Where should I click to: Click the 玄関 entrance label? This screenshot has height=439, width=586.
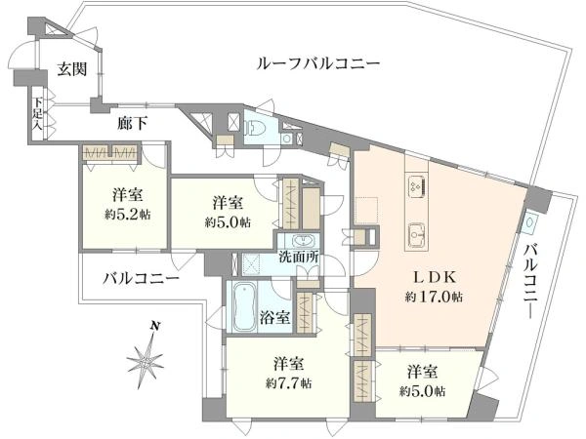point(71,68)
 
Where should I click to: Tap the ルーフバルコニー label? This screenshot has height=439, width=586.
point(317,63)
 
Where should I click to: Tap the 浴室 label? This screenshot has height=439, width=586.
point(276,318)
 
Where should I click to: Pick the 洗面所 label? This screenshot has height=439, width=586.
point(299,259)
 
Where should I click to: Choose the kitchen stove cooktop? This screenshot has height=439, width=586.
point(415,185)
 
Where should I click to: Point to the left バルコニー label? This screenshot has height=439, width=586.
point(144,278)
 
